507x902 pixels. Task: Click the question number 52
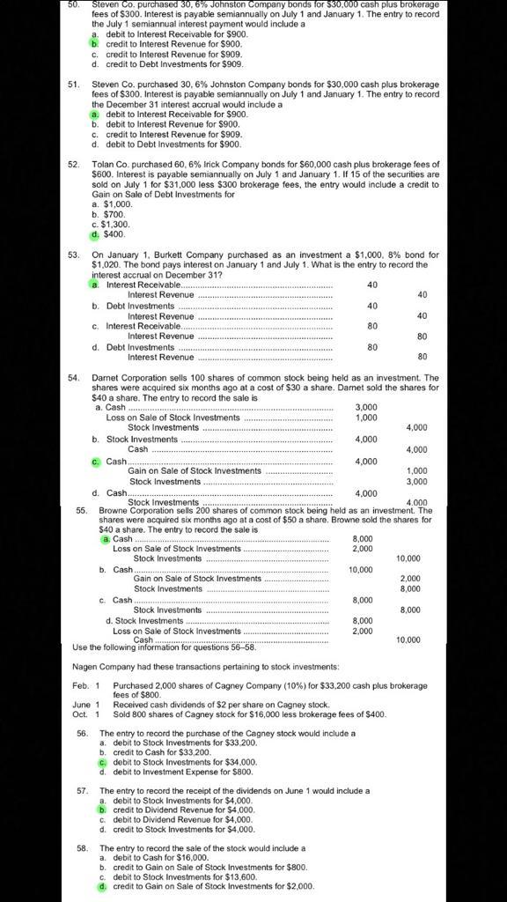coord(74,164)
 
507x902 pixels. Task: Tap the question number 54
coord(74,377)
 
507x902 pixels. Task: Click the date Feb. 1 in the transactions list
coord(85,685)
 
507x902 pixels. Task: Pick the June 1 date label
coord(85,704)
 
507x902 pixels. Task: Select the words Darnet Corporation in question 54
coord(128,377)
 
